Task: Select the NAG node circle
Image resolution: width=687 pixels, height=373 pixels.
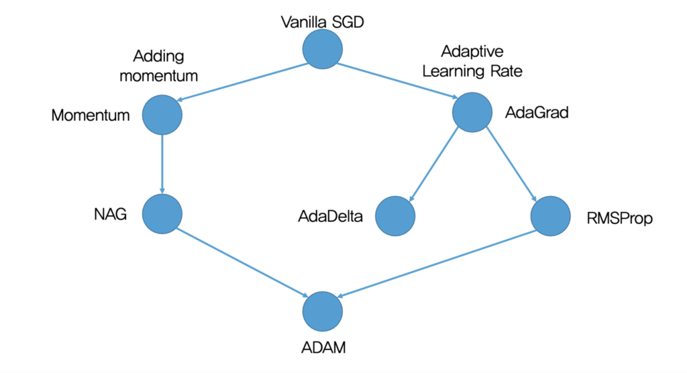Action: click(x=162, y=215)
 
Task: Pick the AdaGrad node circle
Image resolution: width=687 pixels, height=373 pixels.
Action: click(x=473, y=112)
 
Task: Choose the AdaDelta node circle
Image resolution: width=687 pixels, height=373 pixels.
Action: click(x=395, y=217)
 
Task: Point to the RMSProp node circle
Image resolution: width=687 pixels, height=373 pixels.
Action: click(x=551, y=216)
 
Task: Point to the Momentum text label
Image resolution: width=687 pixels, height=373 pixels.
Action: click(x=91, y=115)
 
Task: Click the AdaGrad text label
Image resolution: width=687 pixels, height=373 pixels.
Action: click(x=537, y=112)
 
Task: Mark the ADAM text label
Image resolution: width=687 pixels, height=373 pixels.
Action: click(x=322, y=348)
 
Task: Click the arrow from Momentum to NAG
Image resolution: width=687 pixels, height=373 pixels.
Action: click(x=162, y=164)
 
